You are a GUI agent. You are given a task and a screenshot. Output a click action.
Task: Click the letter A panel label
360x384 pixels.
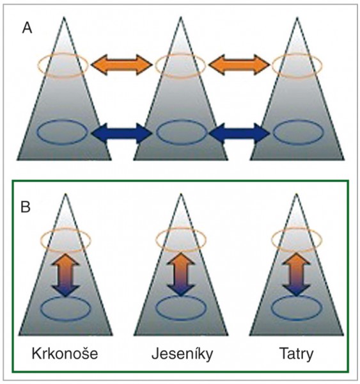coord(27,29)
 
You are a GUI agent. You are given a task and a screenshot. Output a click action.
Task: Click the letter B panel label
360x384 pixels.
coord(26,207)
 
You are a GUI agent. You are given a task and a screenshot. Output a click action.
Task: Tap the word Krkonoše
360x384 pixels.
coord(65,353)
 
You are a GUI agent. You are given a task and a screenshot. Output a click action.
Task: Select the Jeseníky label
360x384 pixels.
coord(182,354)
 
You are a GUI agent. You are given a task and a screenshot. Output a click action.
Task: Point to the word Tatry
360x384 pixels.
coord(296,354)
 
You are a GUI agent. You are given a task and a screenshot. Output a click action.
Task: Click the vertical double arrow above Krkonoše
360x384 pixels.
coord(65,275)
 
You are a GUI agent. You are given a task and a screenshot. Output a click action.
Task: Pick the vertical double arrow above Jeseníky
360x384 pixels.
coord(180,275)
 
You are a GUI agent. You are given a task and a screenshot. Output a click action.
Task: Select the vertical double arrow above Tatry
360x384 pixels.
coord(296,275)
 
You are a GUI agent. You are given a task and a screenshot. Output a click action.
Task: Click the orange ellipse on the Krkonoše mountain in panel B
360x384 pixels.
coord(41,240)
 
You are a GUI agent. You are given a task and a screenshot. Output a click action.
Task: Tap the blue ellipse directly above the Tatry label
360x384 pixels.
coord(271,308)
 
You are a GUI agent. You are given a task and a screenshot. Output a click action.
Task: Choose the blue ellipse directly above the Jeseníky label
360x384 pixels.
coord(156,308)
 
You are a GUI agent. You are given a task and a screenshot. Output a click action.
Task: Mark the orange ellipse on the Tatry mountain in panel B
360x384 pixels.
coord(271,239)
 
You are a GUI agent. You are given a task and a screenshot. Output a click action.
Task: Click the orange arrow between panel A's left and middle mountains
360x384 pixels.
coord(121,65)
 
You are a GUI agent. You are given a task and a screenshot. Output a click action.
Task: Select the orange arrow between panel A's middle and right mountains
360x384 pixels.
coord(239,65)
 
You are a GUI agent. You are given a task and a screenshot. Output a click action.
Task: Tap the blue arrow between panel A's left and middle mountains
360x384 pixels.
coord(121,133)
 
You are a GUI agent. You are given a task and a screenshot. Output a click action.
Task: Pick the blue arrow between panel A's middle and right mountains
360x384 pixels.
coord(239,133)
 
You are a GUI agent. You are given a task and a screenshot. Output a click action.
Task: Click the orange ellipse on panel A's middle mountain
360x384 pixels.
coord(156,65)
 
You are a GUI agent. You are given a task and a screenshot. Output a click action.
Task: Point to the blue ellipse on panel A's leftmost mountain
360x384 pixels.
coord(38,132)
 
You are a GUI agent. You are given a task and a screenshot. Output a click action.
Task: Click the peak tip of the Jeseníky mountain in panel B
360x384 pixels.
coord(181,194)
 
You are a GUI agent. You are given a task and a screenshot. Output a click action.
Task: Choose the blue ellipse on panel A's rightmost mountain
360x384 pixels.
coord(274,132)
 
